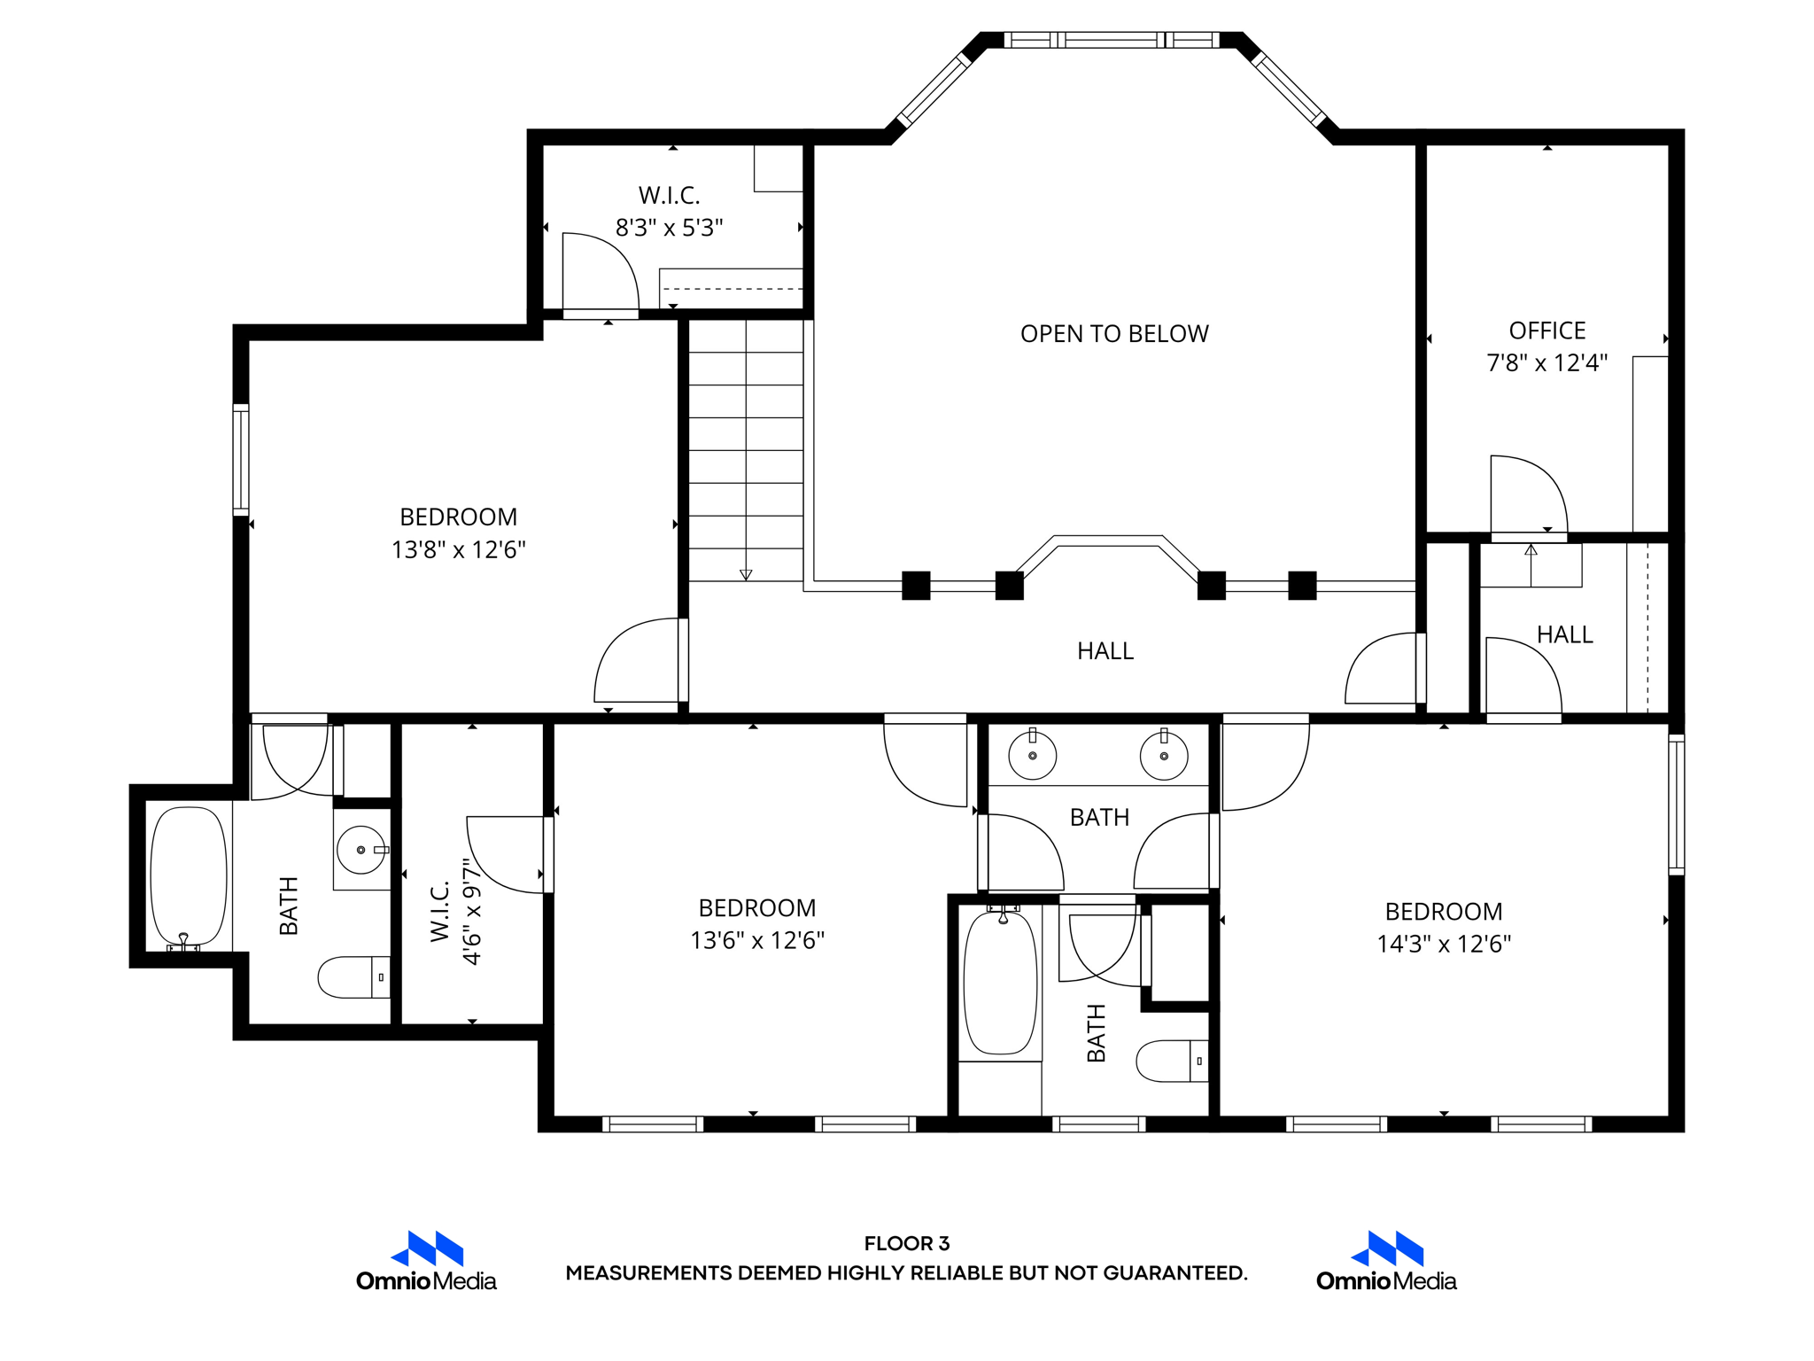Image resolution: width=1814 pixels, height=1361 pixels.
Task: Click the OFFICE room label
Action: point(1547,331)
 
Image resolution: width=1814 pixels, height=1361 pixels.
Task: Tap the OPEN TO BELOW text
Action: point(1114,334)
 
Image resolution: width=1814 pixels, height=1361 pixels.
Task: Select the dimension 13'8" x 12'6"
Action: point(459,549)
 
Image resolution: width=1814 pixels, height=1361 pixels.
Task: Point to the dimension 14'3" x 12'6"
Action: point(1444,944)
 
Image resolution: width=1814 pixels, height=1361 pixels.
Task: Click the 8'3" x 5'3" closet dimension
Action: point(670,228)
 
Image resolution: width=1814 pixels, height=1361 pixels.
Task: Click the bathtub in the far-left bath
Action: point(189,877)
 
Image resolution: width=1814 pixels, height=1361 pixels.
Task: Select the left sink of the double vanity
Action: point(1033,755)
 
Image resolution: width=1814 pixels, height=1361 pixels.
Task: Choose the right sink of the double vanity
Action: point(1164,755)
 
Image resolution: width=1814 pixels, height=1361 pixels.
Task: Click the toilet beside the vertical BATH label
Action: point(1172,1061)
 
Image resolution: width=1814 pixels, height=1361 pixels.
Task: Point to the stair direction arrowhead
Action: point(746,575)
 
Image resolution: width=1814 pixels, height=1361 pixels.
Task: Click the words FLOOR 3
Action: point(907,1243)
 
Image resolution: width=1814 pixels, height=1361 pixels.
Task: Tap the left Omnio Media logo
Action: point(427,1261)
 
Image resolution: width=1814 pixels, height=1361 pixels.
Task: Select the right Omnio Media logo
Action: point(1386,1261)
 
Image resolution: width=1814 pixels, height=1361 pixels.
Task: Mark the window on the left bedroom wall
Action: point(241,460)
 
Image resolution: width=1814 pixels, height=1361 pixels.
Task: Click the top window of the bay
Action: point(1112,40)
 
